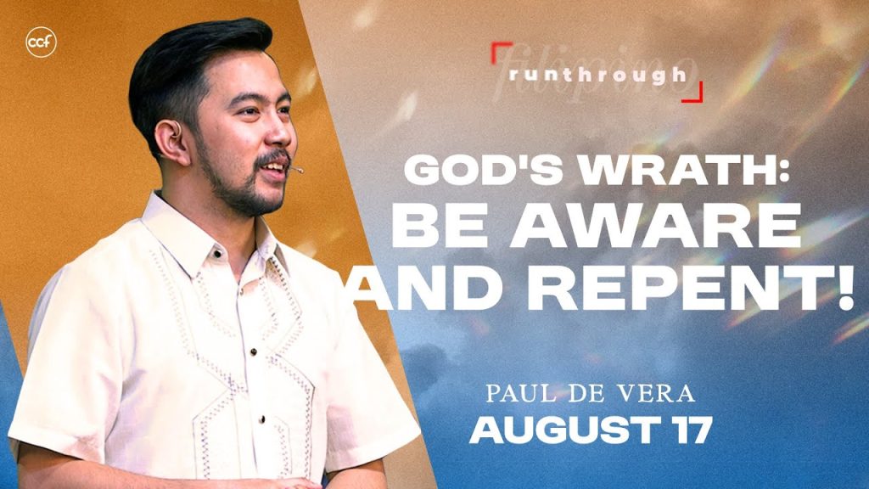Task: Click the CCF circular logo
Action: [41, 42]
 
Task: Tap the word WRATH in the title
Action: [670, 170]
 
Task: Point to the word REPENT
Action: [686, 290]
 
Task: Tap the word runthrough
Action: [597, 75]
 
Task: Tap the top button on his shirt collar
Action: [218, 255]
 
